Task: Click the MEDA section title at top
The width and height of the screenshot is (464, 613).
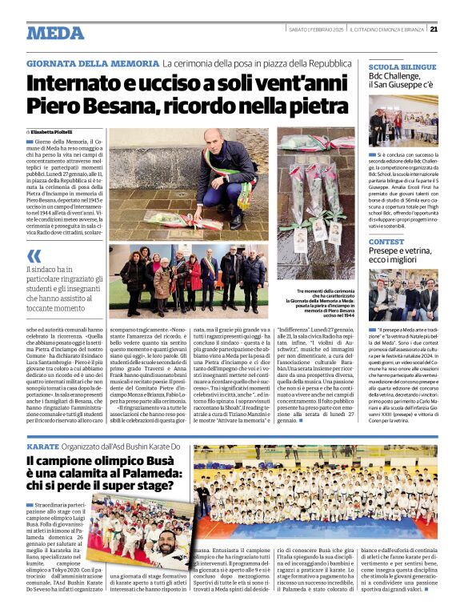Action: tap(55, 33)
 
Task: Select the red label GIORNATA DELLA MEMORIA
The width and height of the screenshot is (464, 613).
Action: tap(91, 62)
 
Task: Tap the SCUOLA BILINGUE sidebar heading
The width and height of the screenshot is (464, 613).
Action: tap(402, 68)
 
